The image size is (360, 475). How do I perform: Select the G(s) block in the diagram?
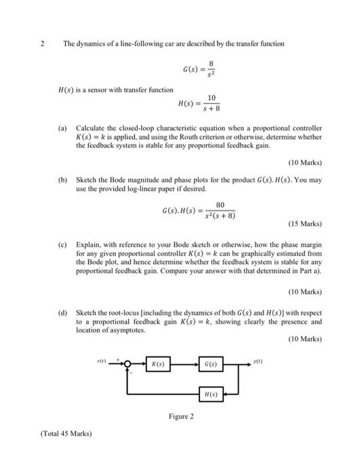[210, 364]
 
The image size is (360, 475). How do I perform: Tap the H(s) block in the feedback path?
[210, 393]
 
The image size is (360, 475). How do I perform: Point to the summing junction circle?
[127, 364]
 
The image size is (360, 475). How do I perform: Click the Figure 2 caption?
[181, 415]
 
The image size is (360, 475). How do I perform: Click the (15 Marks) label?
[304, 223]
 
